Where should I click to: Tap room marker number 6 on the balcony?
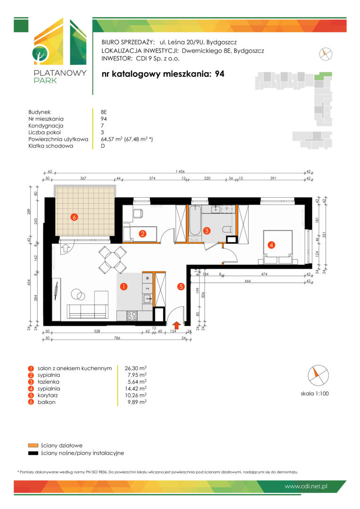pos(74,217)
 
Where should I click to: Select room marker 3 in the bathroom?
pos(207,231)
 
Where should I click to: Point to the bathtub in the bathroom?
pos(195,220)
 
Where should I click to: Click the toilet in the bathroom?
pos(227,229)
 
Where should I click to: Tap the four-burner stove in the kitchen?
pos(132,316)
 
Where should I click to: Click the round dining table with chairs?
pos(112,260)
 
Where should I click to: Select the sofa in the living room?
pos(87,312)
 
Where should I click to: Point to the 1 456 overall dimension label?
pos(180,172)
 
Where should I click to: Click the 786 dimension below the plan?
pos(117,338)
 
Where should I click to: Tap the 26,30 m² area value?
pos(136,368)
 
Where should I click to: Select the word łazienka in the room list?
pos(49,382)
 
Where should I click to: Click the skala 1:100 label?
pos(315,394)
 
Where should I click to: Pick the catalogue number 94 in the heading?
pos(220,74)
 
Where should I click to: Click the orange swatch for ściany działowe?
pos(33,445)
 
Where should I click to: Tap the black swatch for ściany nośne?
pos(33,453)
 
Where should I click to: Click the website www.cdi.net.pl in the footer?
pos(306,486)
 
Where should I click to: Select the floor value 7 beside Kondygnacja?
pos(102,126)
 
